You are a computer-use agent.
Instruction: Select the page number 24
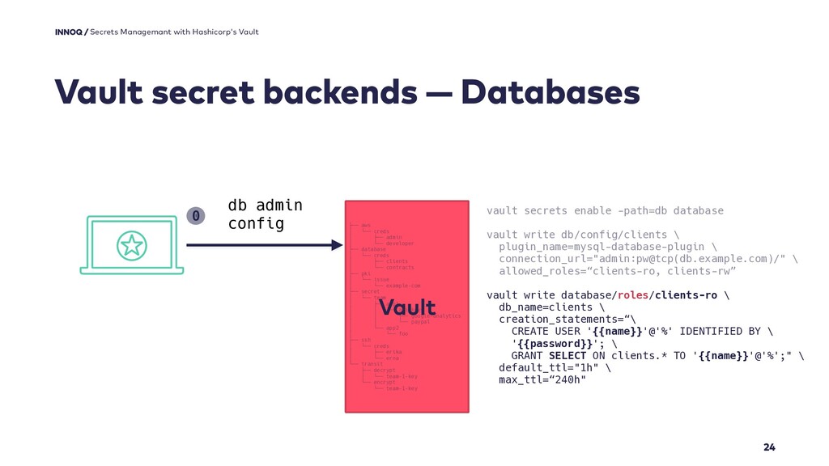coord(769,447)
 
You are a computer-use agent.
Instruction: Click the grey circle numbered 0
coord(195,215)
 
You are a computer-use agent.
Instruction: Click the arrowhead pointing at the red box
coord(337,245)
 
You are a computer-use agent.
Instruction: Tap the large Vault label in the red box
coord(407,307)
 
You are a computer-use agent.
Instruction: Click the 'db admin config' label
coord(265,214)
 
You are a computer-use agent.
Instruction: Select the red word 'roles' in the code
coord(633,294)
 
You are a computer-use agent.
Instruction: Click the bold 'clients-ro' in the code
coord(686,294)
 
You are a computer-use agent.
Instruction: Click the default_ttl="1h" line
coord(551,367)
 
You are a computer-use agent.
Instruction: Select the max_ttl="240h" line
coord(542,379)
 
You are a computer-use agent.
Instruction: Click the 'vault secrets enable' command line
coord(605,210)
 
